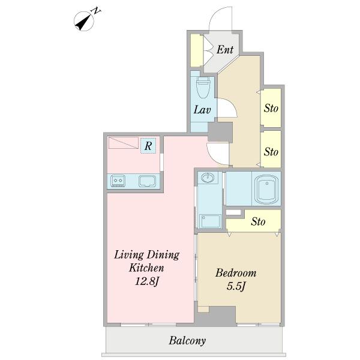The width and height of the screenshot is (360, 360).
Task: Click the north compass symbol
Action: point(84,21)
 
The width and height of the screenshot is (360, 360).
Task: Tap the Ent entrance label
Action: point(225,49)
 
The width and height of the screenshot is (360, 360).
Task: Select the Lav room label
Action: point(202,110)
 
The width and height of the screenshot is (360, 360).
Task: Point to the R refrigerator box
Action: point(148,146)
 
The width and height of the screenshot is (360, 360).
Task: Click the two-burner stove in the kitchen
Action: point(118,181)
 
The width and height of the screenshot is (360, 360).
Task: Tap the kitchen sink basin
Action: point(148,181)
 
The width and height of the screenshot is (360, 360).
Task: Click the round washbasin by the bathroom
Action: point(208,178)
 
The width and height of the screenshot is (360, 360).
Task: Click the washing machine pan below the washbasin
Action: point(210,221)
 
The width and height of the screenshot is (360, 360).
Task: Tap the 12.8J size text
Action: point(147,281)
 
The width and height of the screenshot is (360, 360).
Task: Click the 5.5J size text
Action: point(236,286)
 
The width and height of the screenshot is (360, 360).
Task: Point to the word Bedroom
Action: point(236,273)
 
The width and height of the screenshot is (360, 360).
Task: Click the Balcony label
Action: point(187,340)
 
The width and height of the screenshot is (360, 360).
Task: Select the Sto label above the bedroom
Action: point(258,221)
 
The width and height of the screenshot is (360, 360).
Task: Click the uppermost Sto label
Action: point(271,108)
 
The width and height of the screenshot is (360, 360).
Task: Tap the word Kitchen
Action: point(146,268)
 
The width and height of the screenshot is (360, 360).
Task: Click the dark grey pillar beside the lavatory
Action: point(220,132)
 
